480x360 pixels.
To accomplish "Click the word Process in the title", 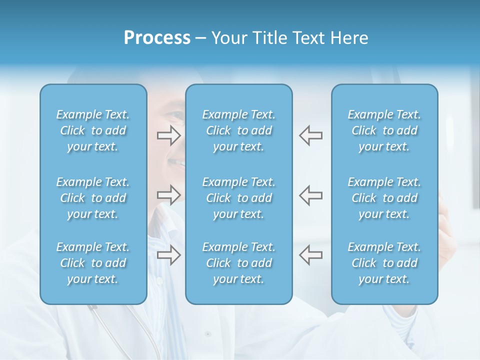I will pyautogui.click(x=157, y=38).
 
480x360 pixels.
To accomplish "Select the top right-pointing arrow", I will pyautogui.click(x=168, y=135).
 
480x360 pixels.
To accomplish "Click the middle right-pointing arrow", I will pyautogui.click(x=168, y=194).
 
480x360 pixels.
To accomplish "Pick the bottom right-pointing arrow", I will pyautogui.click(x=168, y=254).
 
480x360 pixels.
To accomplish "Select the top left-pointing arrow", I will pyautogui.click(x=311, y=135).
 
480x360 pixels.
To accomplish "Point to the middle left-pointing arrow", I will pyautogui.click(x=311, y=194).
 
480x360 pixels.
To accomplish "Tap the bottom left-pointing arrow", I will pyautogui.click(x=311, y=254).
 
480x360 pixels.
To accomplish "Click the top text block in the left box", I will pyautogui.click(x=93, y=130).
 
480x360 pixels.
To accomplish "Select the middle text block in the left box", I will pyautogui.click(x=93, y=198).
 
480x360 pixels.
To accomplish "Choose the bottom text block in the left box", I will pyautogui.click(x=93, y=263).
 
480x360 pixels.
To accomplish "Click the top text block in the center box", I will pyautogui.click(x=239, y=130).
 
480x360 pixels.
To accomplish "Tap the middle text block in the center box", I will pyautogui.click(x=239, y=198).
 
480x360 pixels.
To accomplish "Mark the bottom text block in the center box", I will pyautogui.click(x=239, y=263).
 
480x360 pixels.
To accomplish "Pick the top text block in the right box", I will pyautogui.click(x=384, y=130).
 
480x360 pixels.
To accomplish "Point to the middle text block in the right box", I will pyautogui.click(x=384, y=198).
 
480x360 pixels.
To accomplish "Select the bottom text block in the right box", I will pyautogui.click(x=384, y=263).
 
